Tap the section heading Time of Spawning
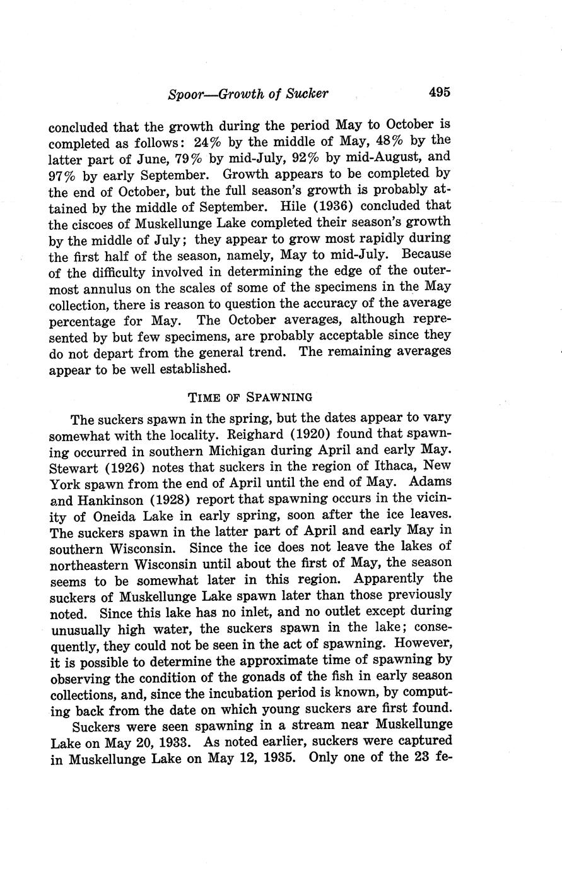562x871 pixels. [250, 397]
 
